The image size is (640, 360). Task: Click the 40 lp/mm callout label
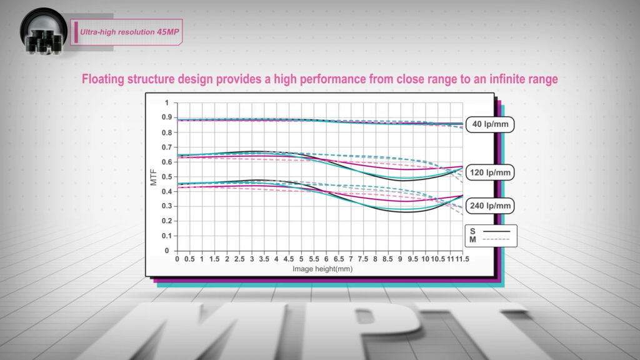490,124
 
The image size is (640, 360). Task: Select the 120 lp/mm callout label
490,172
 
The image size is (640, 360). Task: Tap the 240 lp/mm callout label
490,206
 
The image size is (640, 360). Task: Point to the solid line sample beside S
496,231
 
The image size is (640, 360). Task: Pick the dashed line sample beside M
496,239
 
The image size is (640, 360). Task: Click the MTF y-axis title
154,177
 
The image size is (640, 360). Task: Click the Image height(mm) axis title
322,269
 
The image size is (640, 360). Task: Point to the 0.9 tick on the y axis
166,117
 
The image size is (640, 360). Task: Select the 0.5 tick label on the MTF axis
166,177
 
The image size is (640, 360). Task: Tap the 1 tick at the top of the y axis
166,103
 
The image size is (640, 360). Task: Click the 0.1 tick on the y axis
166,236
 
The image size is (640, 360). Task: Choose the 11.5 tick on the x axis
462,259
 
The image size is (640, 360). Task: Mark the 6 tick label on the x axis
326,259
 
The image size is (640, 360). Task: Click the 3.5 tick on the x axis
264,259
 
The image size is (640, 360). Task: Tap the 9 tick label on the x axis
401,259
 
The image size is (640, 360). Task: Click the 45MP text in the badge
168,32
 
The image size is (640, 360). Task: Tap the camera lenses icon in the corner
44,32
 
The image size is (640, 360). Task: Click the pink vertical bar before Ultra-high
76,32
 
